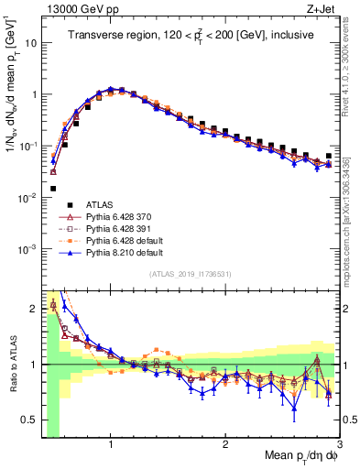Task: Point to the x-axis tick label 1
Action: [111, 443]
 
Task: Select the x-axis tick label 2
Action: [225, 443]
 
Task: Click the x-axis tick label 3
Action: [338, 443]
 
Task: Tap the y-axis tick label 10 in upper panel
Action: [31, 43]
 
